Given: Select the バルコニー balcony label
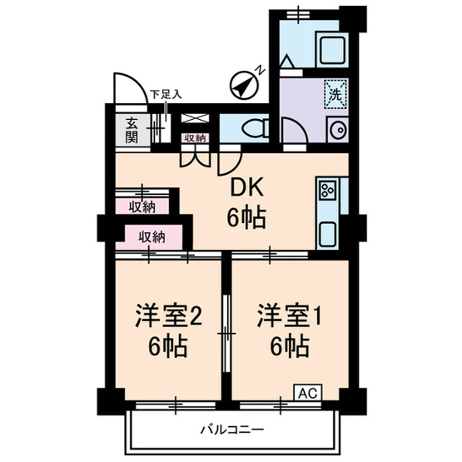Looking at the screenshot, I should [x=232, y=430].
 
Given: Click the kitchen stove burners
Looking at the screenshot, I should [x=325, y=191].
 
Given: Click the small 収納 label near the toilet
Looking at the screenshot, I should [x=195, y=138].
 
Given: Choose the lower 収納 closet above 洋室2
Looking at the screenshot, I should [x=152, y=236].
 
